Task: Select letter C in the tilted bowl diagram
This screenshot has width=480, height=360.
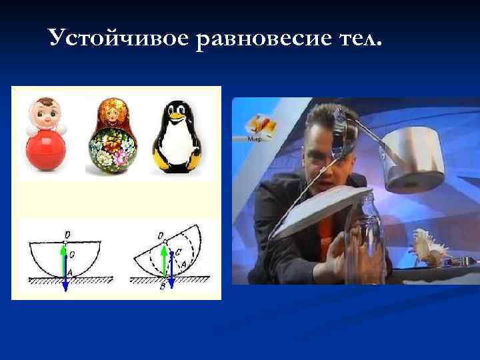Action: point(177,253)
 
